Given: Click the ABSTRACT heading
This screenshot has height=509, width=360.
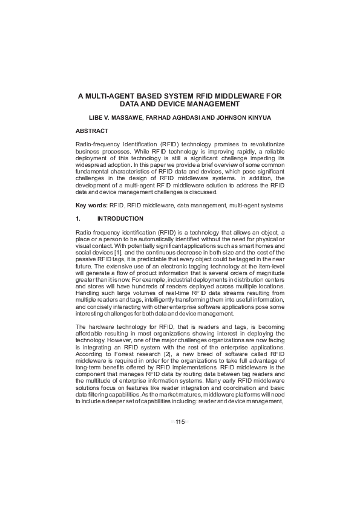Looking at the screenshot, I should pyautogui.click(x=91, y=131).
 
